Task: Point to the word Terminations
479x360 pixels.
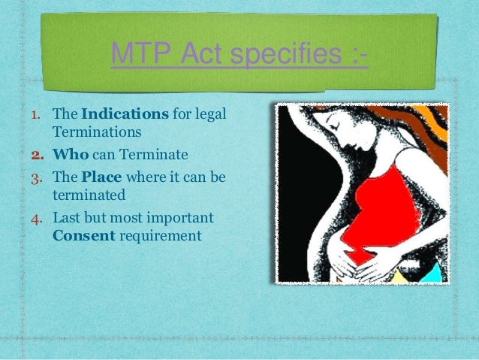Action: [97, 132]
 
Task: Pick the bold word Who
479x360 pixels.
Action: [70, 156]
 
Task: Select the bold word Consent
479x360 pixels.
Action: [82, 235]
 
